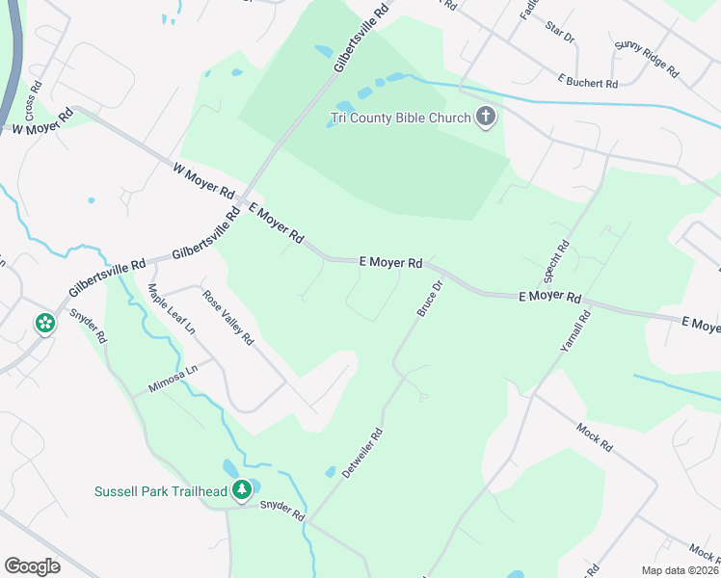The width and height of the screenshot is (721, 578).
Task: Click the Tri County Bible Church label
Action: click(400, 118)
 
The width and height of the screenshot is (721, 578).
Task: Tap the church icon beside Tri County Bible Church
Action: click(486, 118)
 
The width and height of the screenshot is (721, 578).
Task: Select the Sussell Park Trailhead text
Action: click(161, 491)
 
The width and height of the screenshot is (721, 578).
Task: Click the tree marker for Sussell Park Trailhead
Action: click(242, 490)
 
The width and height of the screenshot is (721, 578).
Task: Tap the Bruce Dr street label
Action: click(429, 299)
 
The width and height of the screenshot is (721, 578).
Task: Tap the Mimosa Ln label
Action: click(173, 379)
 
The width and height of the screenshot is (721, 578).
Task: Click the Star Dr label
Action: click(559, 36)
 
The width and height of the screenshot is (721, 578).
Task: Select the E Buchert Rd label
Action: click(586, 84)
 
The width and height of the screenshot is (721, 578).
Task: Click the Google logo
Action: click(32, 566)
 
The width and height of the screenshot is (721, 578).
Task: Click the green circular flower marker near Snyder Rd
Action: click(44, 324)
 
